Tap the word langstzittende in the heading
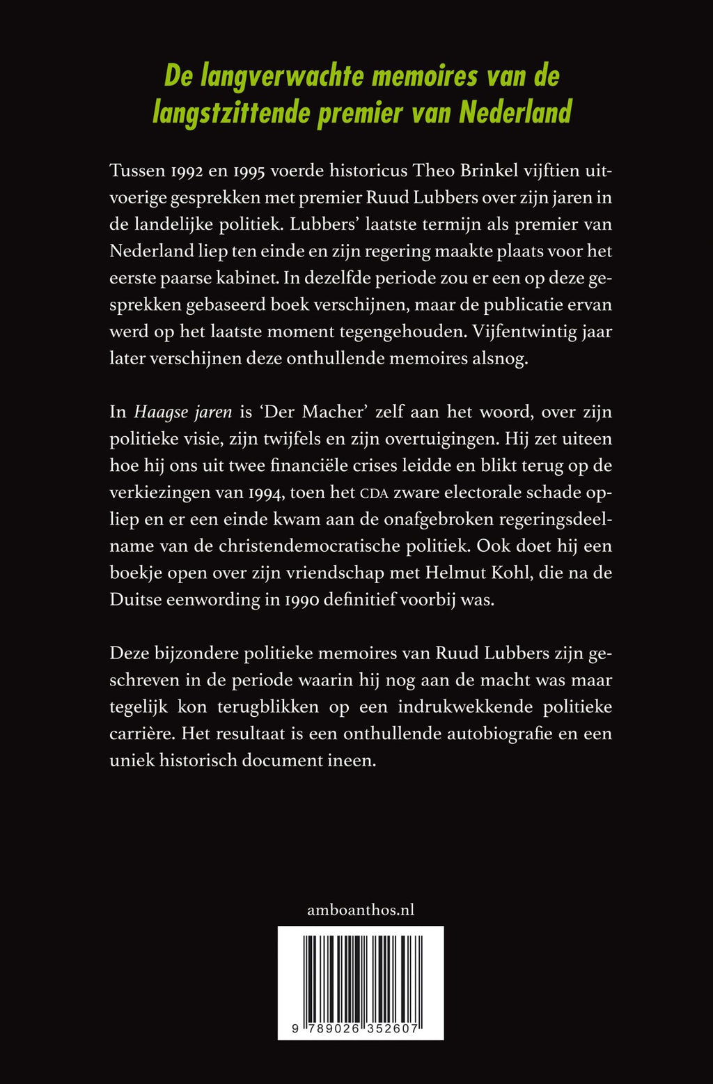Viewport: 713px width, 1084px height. click(231, 112)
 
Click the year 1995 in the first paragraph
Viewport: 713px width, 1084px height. click(256, 171)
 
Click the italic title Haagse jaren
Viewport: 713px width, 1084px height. click(182, 412)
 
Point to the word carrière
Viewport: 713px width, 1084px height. click(140, 734)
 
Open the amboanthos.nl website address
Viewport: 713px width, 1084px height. click(361, 909)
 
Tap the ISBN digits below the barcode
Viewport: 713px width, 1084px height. click(361, 1029)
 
